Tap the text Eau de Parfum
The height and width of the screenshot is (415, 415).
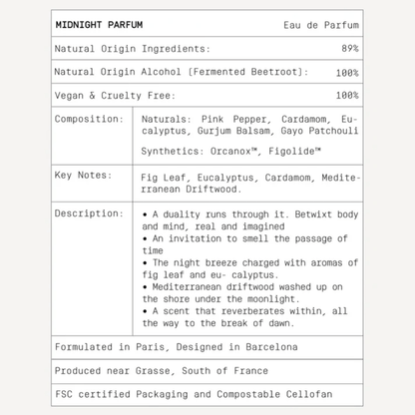click(321, 25)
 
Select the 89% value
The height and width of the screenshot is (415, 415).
click(349, 49)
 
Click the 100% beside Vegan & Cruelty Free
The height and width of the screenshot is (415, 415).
click(346, 96)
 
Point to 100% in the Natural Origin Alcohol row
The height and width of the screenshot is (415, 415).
click(346, 72)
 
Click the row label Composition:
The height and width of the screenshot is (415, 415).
click(90, 119)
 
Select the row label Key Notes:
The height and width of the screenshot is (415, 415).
click(82, 177)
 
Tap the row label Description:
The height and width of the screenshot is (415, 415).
click(90, 213)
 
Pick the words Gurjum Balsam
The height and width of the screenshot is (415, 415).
click(219, 131)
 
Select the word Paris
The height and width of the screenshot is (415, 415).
click(150, 349)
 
